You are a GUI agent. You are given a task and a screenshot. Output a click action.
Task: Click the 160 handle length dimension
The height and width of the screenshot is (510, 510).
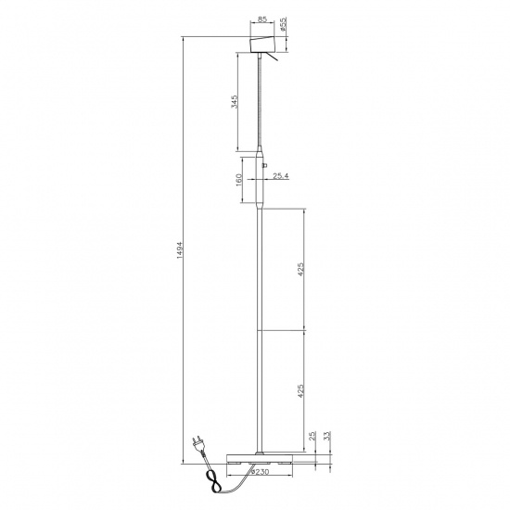[x=239, y=178]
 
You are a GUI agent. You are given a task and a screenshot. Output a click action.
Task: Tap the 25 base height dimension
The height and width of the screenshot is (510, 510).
[x=313, y=435]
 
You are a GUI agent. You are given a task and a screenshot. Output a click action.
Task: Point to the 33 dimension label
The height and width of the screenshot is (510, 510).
[x=328, y=435]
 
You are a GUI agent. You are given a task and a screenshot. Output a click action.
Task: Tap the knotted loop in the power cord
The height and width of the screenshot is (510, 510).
[x=214, y=481]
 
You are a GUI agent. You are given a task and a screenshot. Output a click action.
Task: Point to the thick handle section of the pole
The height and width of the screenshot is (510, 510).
[x=261, y=181]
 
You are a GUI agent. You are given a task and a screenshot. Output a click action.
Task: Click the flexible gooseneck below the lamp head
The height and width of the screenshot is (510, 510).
[x=261, y=102]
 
